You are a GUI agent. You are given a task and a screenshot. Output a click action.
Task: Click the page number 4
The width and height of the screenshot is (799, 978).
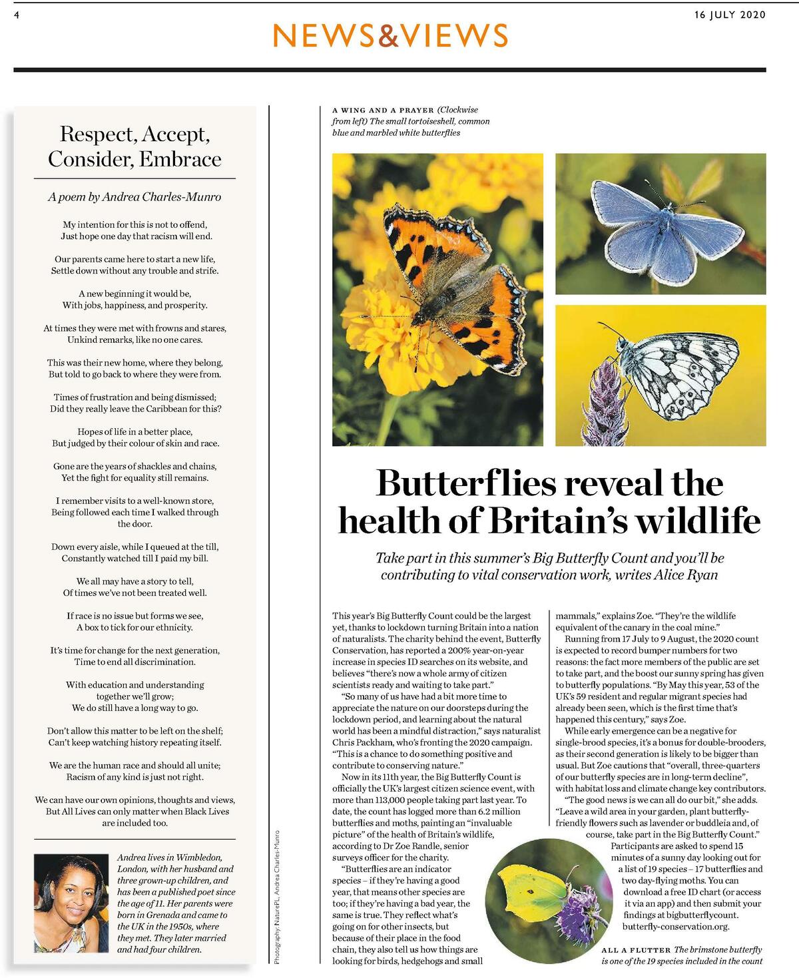(16, 15)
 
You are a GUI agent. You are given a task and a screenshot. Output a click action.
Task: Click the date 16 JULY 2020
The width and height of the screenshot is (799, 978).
(730, 15)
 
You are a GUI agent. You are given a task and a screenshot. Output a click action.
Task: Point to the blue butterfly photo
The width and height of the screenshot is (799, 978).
(661, 223)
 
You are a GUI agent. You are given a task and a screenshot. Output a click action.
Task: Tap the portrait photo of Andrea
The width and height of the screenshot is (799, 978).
(71, 903)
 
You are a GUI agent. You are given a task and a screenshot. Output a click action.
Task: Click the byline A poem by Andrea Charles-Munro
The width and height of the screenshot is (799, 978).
(134, 197)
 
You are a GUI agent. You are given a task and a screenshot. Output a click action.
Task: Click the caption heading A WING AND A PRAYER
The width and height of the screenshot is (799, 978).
(383, 110)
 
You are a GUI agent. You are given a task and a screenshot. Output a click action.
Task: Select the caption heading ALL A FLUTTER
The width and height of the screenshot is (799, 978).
(636, 950)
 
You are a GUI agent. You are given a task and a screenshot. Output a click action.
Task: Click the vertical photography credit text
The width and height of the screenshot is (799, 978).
(277, 895)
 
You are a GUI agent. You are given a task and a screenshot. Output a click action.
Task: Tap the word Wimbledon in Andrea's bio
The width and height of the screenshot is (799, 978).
(198, 857)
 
